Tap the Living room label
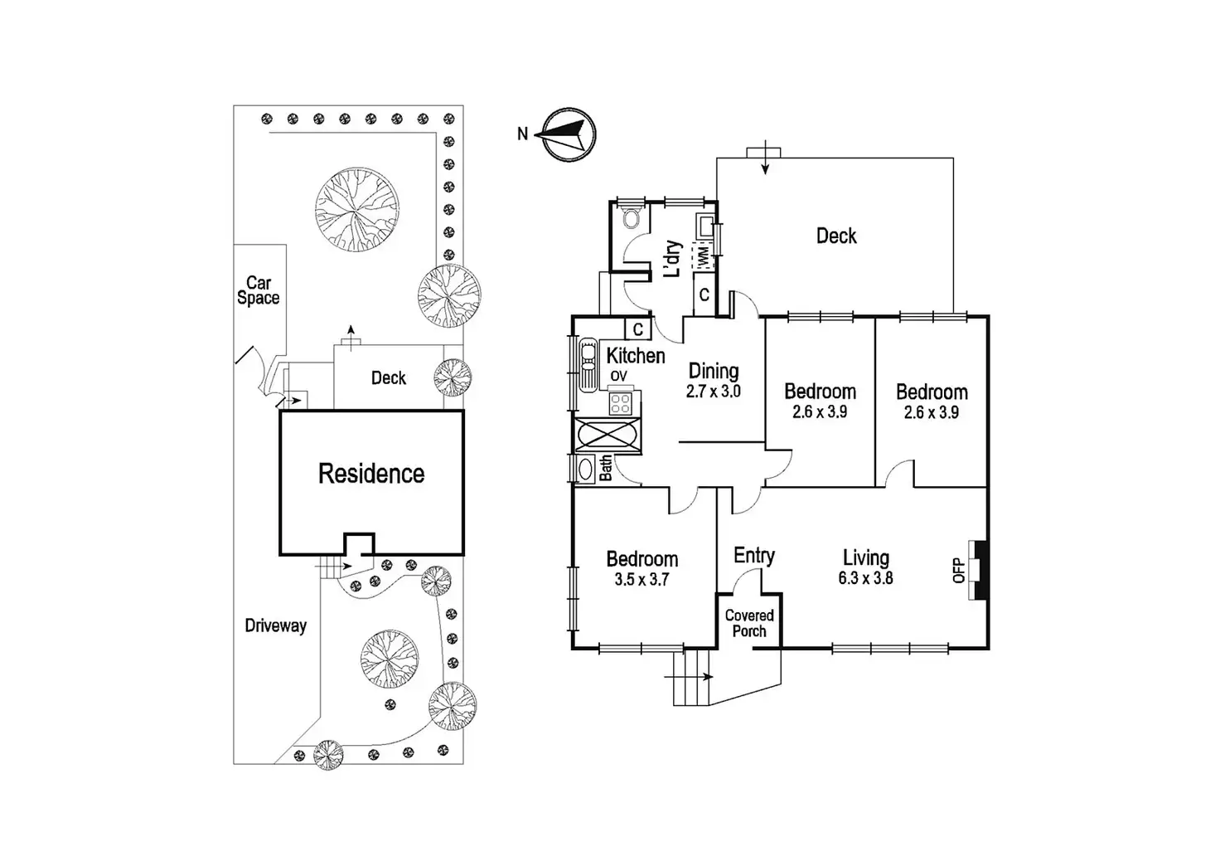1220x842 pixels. pos(866,558)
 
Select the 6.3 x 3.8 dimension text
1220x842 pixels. pos(865,578)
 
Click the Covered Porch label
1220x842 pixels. pos(749,623)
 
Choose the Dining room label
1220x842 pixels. pos(714,371)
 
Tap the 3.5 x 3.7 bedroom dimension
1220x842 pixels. pos(641,580)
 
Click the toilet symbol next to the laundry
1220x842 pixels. pos(632,218)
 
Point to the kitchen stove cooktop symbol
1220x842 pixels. pos(620,403)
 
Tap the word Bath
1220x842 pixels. pos(606,468)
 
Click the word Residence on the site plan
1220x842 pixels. pos(371,474)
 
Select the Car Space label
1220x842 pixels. pos(259,290)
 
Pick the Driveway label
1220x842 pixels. pos(275,625)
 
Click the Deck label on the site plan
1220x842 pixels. pos(388,378)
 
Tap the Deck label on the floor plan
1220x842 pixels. pos(836,236)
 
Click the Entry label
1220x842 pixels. pos(754,555)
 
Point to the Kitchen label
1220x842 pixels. pos(636,356)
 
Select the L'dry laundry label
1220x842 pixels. pos(673,259)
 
